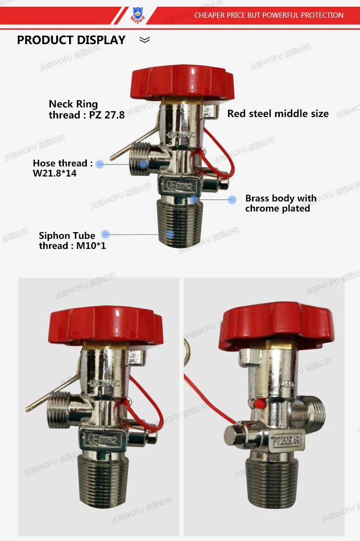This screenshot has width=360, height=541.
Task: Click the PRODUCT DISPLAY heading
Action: coord(71,40)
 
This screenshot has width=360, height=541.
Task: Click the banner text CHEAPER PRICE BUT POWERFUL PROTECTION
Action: coord(268,15)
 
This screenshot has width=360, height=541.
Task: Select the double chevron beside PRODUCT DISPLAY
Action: coord(144,40)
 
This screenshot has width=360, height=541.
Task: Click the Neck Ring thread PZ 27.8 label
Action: coord(86,109)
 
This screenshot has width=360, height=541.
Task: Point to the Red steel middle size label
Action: coord(277,114)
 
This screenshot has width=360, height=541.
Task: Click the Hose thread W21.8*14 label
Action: coord(62,168)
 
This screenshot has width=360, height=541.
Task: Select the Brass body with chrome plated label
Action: coord(280,203)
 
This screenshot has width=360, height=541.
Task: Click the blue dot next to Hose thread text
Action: coord(100,164)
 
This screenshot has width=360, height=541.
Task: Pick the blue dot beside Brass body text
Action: coord(232,199)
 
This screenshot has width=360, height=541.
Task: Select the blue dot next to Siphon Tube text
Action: coord(106,235)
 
